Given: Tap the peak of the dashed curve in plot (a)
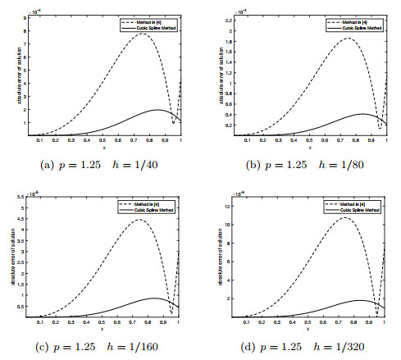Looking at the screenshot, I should (143, 34).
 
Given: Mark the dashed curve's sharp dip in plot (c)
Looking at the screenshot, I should (172, 314).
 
